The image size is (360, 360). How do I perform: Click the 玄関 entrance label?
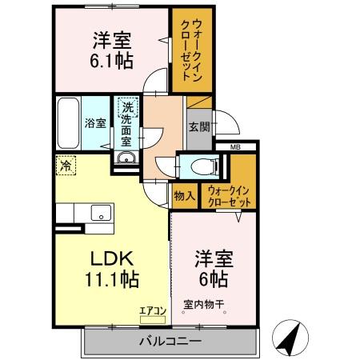coord(199,126)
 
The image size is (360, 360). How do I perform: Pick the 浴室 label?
coord(95,123)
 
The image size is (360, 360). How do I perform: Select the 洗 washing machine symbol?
coord(126,104)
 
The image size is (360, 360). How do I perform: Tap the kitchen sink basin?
coord(101,213)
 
